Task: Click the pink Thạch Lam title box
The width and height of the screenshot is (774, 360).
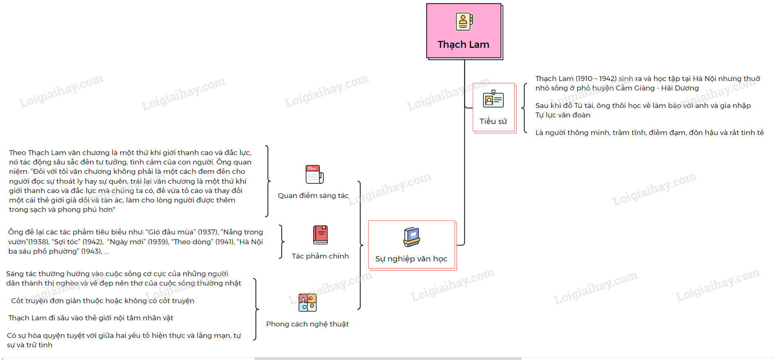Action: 464,31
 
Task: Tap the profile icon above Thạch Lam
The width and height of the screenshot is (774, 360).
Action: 464,21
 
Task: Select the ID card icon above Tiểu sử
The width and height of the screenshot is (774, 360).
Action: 493,99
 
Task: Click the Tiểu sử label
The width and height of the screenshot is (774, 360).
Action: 493,121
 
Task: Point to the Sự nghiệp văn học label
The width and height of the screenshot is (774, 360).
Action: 411,259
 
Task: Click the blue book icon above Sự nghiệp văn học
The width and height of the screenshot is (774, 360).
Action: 411,237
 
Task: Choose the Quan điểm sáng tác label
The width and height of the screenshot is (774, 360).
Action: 313,196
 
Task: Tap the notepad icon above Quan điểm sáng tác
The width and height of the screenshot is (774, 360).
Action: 314,174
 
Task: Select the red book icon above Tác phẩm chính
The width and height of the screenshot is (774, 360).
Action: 321,235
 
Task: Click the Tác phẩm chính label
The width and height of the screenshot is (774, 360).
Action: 320,256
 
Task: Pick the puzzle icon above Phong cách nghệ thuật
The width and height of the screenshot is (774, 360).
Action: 307,303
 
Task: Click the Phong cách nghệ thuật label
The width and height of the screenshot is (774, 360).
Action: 307,324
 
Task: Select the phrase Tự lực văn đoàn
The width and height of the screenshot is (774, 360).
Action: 563,115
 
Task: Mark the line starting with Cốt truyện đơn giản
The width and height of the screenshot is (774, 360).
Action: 103,301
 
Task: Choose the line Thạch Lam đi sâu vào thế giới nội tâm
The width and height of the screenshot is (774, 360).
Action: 91,318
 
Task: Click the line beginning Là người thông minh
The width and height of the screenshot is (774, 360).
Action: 649,133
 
